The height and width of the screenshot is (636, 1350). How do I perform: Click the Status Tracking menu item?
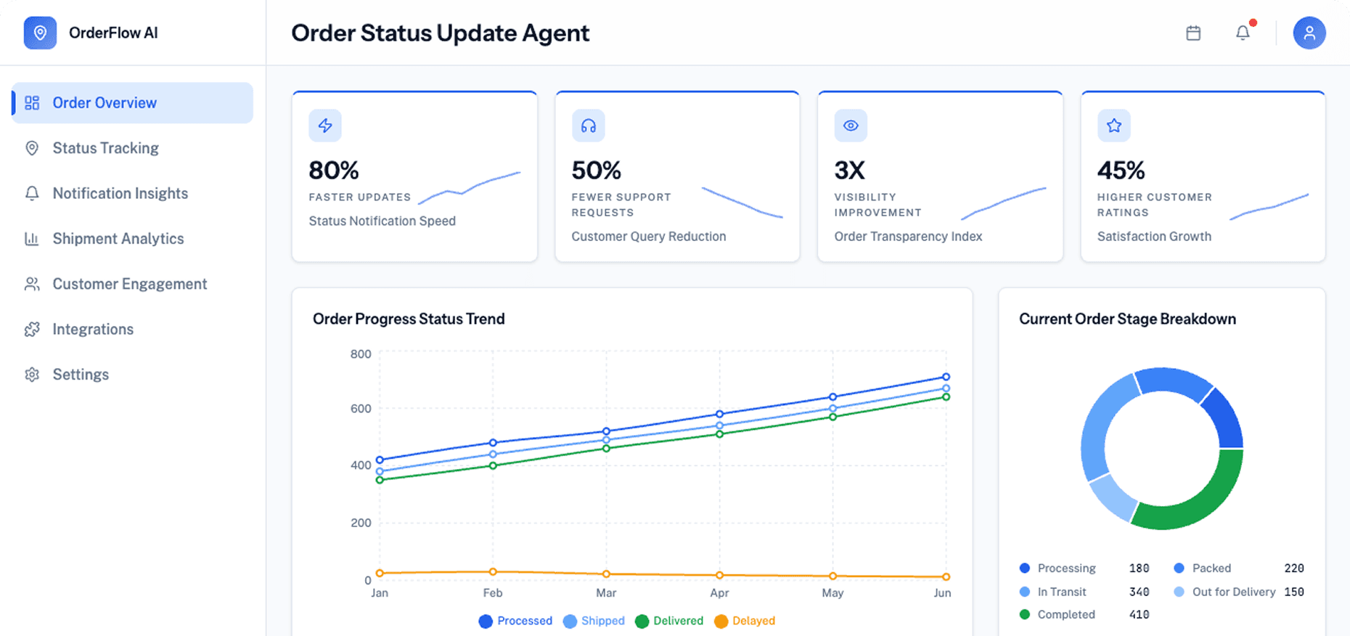click(105, 148)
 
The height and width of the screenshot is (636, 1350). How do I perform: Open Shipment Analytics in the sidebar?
click(118, 239)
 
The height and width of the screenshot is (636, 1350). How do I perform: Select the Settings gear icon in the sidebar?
click(32, 375)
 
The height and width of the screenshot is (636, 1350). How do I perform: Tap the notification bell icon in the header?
click(1243, 33)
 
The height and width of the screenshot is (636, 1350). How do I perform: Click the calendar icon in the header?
click(1193, 33)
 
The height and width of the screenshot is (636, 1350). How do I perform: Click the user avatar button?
click(1309, 33)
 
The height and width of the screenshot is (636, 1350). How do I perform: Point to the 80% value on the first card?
click(333, 171)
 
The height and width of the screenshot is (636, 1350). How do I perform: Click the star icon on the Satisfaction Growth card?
click(1113, 126)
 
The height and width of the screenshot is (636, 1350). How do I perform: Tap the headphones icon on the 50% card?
click(588, 126)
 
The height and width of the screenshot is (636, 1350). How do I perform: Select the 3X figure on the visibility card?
click(849, 171)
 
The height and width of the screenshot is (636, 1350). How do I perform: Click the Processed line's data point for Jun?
click(946, 377)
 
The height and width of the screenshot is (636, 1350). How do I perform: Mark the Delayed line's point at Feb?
click(493, 572)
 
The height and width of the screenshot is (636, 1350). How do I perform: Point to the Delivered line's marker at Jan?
click(380, 480)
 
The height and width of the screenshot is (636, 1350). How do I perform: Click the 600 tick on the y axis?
click(361, 409)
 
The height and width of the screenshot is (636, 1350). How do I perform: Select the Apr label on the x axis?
click(719, 593)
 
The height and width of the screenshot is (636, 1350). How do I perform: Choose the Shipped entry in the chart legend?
click(594, 621)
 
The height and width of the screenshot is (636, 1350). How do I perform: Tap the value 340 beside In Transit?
click(1139, 592)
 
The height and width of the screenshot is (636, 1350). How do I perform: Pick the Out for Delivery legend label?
click(1233, 592)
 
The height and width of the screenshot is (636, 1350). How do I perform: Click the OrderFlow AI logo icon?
click(40, 33)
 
